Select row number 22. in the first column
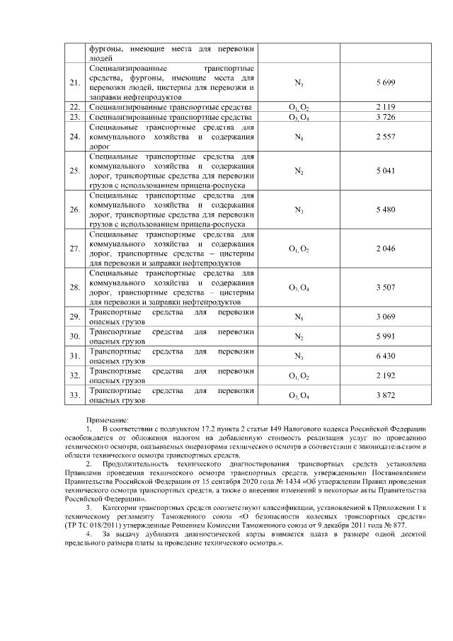(x=74, y=107)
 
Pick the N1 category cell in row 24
(x=299, y=136)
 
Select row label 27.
(x=74, y=249)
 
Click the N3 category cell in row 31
(x=299, y=356)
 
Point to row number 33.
(x=74, y=395)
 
